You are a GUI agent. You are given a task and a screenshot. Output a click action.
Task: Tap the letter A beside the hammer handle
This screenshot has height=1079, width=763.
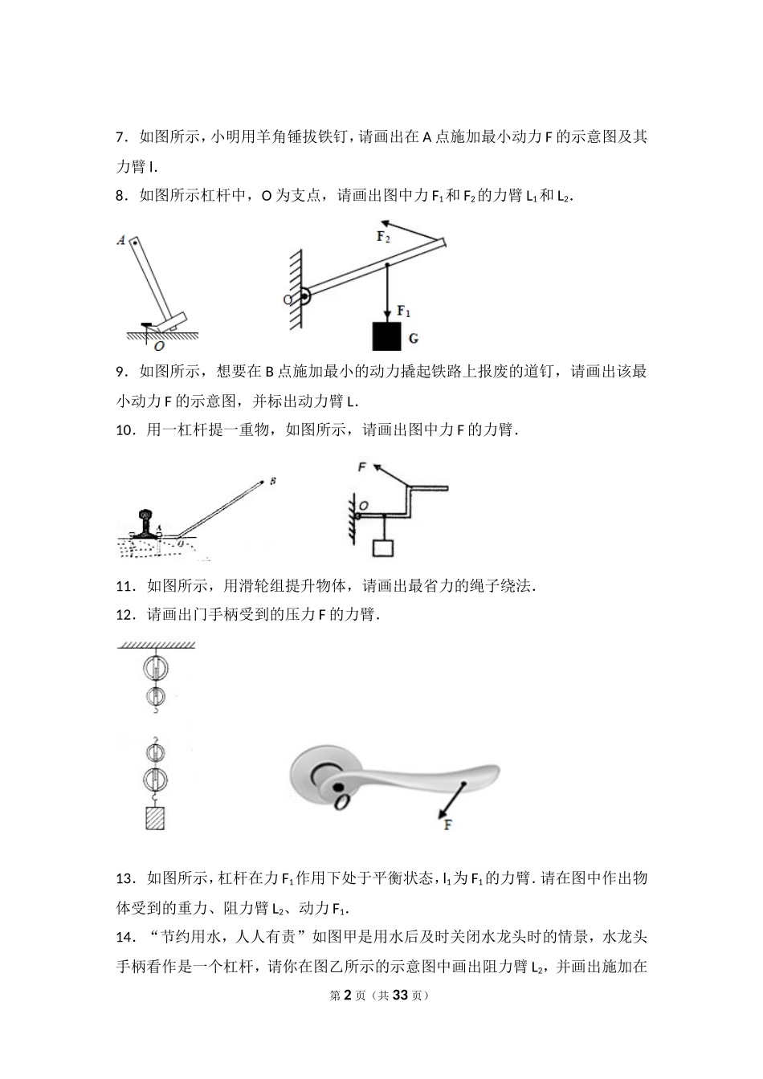click(120, 239)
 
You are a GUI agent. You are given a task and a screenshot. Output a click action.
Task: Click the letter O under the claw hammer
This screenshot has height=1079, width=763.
click(159, 346)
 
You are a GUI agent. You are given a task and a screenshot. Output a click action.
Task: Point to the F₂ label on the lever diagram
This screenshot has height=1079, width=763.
click(384, 237)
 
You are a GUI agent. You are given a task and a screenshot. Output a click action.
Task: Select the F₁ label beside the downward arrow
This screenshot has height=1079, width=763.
click(405, 311)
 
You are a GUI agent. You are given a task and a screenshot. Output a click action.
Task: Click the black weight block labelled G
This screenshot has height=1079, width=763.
click(386, 336)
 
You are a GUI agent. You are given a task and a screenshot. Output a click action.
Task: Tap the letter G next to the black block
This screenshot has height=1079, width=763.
click(414, 339)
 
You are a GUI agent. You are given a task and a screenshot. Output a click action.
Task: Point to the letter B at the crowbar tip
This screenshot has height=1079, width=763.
click(274, 481)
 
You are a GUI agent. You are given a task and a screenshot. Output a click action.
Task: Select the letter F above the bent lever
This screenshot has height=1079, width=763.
click(362, 466)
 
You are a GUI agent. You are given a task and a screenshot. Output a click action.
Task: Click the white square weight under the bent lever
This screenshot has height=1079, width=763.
click(383, 548)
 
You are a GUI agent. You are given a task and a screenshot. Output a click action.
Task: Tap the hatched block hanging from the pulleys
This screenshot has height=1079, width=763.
click(154, 818)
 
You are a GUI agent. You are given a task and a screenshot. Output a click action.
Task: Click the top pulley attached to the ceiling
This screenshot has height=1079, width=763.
click(155, 667)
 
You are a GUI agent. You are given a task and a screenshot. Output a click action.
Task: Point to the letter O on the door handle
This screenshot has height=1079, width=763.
click(341, 802)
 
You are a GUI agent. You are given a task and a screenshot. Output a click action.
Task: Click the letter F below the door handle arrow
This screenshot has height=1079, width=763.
click(448, 824)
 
